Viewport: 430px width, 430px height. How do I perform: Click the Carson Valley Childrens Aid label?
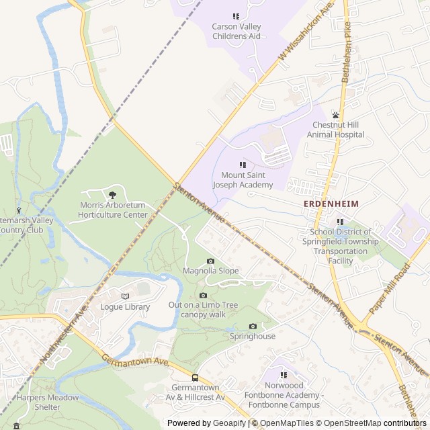click(236, 31)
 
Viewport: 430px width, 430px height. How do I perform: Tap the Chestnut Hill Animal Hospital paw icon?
click(335, 115)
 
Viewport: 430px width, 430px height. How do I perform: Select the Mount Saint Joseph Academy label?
click(243, 180)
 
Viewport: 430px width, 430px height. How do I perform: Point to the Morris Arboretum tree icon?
click(112, 195)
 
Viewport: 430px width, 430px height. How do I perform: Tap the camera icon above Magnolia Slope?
click(210, 261)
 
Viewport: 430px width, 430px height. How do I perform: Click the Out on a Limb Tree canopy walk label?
click(203, 309)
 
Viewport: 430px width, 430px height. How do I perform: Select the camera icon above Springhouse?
click(253, 326)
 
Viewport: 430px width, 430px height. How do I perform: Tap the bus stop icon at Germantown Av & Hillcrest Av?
click(195, 378)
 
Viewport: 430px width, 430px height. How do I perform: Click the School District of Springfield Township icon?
click(340, 222)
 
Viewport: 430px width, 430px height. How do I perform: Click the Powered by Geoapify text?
click(207, 423)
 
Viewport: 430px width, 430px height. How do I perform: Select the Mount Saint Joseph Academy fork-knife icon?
click(243, 165)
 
